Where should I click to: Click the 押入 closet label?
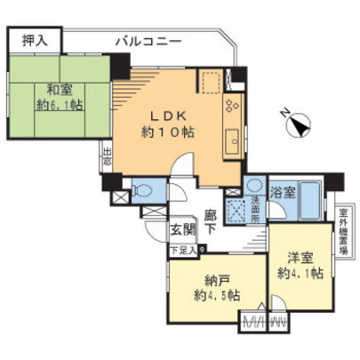tap(33, 40)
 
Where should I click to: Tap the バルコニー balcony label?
tap(148, 41)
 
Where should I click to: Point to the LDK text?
tap(165, 116)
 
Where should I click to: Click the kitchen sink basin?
tap(231, 140)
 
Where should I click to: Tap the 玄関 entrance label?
tap(182, 230)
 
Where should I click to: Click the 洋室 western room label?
tap(300, 258)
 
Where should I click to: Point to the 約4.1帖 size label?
tap(299, 273)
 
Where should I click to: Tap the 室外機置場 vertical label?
tap(343, 232)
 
